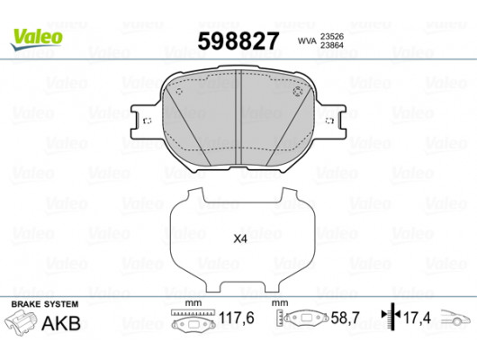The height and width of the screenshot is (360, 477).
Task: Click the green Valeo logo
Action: tap(37, 40)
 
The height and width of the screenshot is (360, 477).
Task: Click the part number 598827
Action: tap(238, 41)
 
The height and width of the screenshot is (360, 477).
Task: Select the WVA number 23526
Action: tap(332, 37)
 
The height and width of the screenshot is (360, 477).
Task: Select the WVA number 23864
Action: tap(332, 45)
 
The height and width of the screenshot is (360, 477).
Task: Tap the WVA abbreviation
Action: tap(307, 40)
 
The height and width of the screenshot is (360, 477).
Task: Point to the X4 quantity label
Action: tap(240, 239)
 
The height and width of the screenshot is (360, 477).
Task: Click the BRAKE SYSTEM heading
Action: tap(45, 304)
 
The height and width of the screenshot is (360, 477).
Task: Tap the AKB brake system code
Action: tap(61, 323)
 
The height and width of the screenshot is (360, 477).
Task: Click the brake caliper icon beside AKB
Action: tap(20, 323)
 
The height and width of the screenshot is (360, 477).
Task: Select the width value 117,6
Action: tap(237, 319)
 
